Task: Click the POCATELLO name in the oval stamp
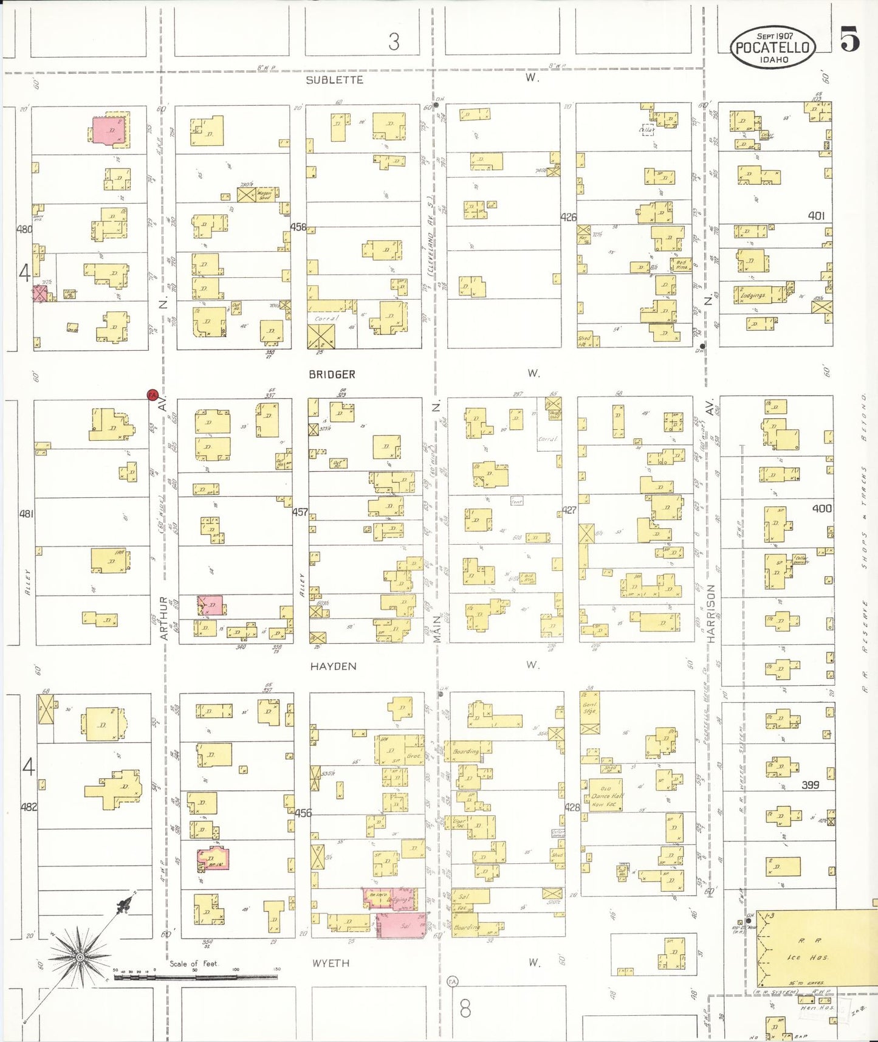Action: pos(772,48)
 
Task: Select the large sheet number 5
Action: pos(850,40)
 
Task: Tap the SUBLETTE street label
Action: pos(334,80)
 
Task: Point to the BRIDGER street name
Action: pos(332,374)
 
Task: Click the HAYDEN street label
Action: pos(333,666)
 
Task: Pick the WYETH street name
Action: pos(331,963)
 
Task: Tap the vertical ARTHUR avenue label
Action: pos(163,618)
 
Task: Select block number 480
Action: pos(24,229)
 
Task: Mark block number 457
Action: pos(300,512)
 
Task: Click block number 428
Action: pos(572,807)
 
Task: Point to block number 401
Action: pos(816,216)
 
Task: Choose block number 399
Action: pos(810,785)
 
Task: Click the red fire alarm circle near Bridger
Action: pos(153,395)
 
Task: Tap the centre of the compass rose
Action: pos(79,958)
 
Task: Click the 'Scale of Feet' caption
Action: pos(193,963)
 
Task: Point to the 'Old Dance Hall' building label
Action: pos(605,795)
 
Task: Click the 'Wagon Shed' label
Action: pos(265,195)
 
